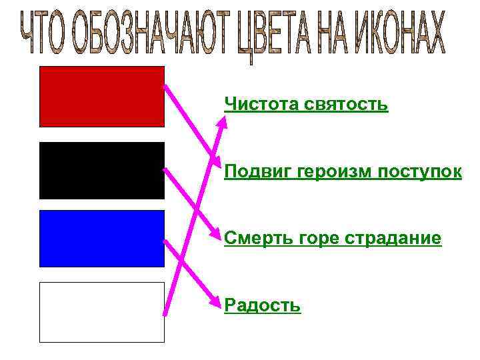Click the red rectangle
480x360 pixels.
tap(101, 96)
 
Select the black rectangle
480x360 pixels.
tap(101, 170)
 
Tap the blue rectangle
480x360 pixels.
tap(101, 238)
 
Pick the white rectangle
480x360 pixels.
tap(101, 312)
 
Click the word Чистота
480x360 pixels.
tap(262, 104)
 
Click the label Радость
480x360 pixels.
tap(263, 305)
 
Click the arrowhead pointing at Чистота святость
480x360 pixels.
tap(224, 119)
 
